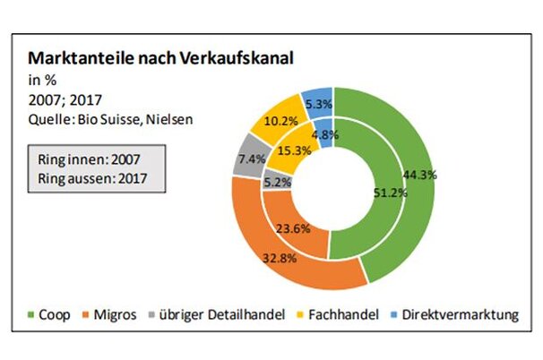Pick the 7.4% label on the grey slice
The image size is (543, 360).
tap(251, 159)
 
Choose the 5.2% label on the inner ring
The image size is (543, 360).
tap(276, 181)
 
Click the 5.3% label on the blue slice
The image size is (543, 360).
tap(317, 103)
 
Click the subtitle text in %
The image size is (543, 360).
tap(44, 79)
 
